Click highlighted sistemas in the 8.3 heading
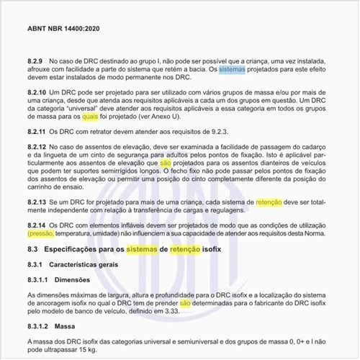[x=145, y=248]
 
